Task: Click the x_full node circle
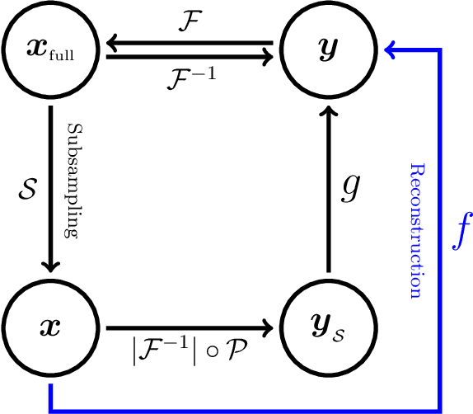[51, 51]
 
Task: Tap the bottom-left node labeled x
[51, 328]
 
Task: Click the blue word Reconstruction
[416, 231]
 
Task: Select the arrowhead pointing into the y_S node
[268, 328]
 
